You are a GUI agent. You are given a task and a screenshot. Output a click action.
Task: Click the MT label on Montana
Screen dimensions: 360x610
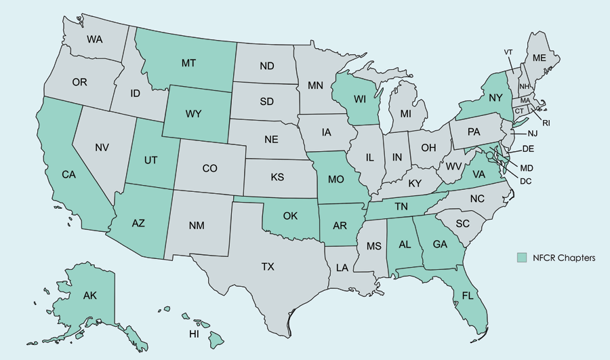[188, 63]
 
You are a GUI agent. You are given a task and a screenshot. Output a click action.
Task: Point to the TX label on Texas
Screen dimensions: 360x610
[268, 266]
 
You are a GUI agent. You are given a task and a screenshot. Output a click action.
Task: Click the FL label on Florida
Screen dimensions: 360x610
[468, 296]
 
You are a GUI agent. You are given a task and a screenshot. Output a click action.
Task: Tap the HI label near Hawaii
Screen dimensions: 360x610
[194, 334]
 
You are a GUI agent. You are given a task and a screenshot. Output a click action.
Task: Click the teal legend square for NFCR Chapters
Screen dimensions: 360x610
[521, 258]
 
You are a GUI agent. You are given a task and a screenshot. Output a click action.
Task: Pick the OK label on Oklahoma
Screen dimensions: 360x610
[290, 216]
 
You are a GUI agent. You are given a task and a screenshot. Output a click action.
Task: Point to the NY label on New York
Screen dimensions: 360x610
[495, 98]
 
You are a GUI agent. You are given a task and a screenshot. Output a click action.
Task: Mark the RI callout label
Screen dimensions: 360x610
[547, 123]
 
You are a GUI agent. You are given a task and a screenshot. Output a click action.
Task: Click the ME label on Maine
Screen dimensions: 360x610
[539, 58]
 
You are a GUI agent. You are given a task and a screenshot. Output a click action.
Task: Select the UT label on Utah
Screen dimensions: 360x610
[151, 161]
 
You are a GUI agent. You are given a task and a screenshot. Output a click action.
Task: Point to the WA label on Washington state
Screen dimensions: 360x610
[95, 39]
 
